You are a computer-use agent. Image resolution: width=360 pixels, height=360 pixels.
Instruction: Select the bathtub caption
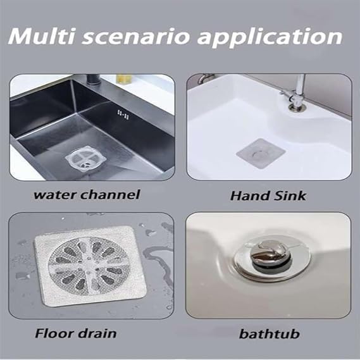point(270,333)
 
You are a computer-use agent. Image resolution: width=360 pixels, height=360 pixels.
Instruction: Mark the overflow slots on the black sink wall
point(123,115)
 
